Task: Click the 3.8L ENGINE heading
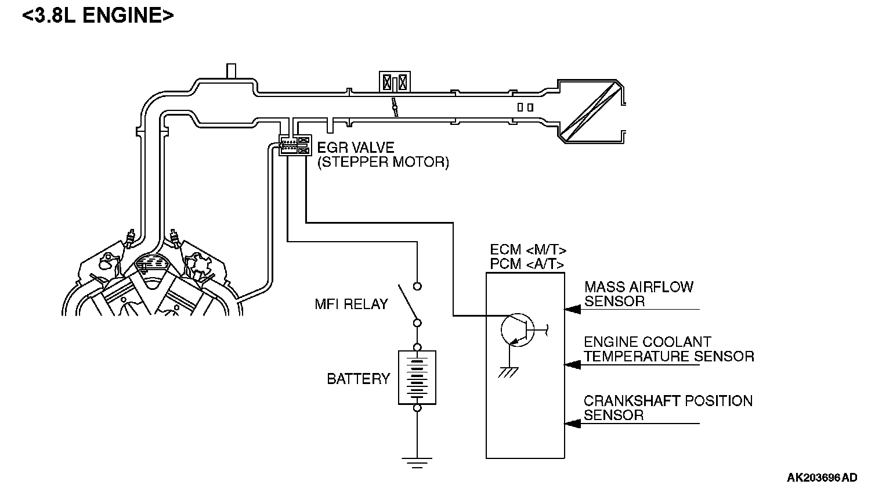point(97,16)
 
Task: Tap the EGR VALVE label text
point(356,148)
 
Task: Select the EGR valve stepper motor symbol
point(295,145)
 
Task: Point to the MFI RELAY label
point(351,304)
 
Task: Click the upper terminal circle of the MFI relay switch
point(417,286)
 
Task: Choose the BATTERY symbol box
point(417,378)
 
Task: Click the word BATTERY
point(359,379)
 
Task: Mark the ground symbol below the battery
point(417,462)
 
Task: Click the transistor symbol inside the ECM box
point(518,330)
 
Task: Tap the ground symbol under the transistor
point(508,372)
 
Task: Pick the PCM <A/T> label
point(527,264)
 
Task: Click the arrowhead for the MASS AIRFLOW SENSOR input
point(573,309)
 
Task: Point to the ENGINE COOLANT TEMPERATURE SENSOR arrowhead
point(573,365)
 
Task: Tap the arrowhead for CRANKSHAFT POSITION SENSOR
point(573,424)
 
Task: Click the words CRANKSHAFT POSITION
point(668,401)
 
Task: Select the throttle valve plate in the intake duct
point(395,107)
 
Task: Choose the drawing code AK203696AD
point(822,478)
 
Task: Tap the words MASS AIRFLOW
point(639,287)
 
